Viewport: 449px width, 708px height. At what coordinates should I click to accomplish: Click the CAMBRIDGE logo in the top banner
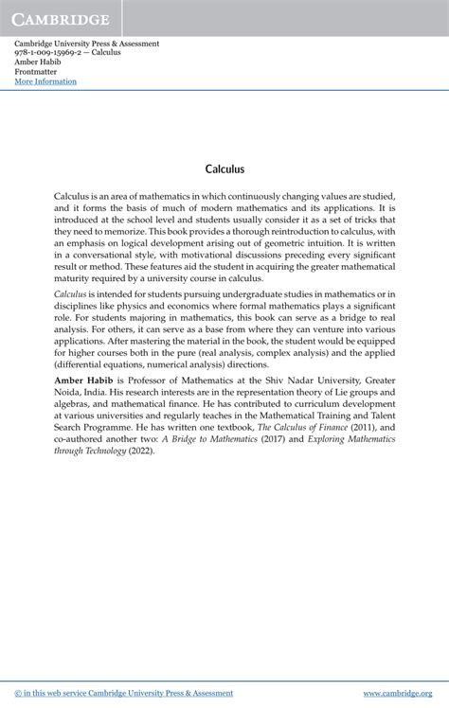tap(62, 19)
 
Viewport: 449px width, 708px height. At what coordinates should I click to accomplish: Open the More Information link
tap(45, 81)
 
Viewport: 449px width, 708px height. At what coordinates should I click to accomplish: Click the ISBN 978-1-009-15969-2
tap(50, 53)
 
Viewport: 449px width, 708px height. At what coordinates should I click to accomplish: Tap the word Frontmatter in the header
tap(37, 72)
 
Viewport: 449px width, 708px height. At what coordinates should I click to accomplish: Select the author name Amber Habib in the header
tap(37, 62)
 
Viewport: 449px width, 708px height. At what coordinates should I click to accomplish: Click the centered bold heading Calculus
tap(224, 169)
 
